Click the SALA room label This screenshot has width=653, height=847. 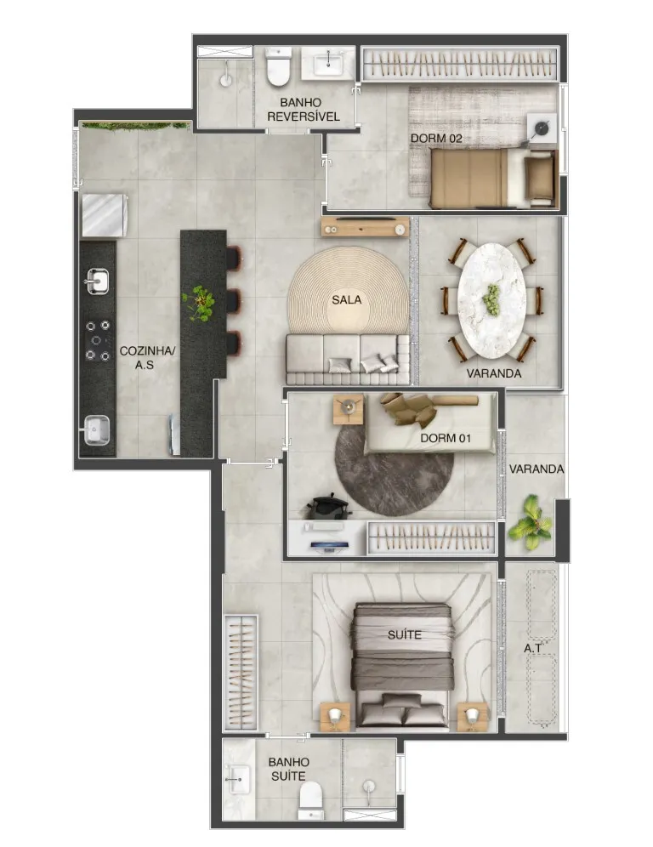click(x=347, y=300)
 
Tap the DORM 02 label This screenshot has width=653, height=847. click(x=436, y=139)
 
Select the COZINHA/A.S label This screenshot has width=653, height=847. click(x=147, y=358)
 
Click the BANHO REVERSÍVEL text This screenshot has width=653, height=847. click(x=303, y=109)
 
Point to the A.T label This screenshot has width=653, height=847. click(x=532, y=648)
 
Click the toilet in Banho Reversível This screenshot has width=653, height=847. click(x=279, y=65)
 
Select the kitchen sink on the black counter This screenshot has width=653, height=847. click(x=97, y=281)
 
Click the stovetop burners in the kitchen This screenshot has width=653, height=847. click(x=98, y=340)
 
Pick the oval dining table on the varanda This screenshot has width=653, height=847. click(x=491, y=300)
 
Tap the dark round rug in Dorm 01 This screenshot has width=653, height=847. click(x=394, y=467)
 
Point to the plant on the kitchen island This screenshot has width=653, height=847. click(x=199, y=304)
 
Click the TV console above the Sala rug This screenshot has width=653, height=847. click(x=365, y=227)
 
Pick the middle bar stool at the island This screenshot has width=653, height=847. click(x=233, y=301)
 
